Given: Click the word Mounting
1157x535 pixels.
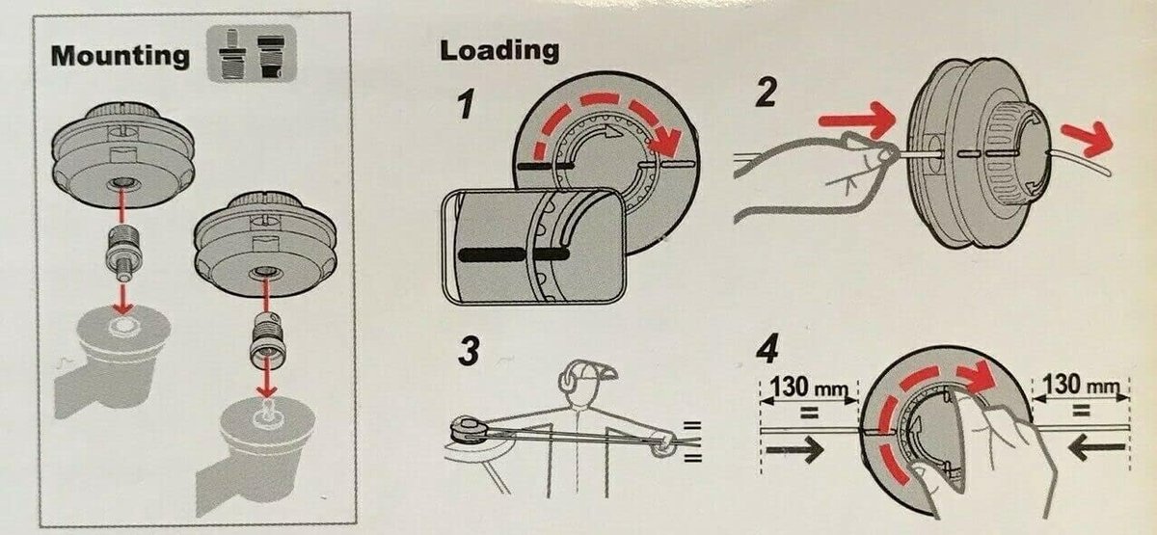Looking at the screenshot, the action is [x=121, y=56].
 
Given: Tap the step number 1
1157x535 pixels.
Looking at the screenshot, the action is [x=466, y=104].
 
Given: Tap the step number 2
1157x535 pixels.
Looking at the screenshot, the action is [x=766, y=93].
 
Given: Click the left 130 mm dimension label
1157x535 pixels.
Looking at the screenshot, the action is [x=808, y=387].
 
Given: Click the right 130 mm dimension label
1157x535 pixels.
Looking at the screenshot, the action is [x=1081, y=385].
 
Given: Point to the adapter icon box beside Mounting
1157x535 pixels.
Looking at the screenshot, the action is [x=252, y=53].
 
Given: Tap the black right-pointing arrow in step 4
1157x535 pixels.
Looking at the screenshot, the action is [x=794, y=449].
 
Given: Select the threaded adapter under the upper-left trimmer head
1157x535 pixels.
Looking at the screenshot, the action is [x=123, y=252].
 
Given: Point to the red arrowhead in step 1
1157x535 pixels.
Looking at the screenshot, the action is [x=667, y=141].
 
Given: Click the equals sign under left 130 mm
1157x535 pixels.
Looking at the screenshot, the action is [x=809, y=413].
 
